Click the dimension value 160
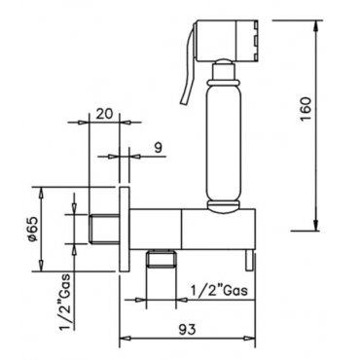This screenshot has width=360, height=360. pyautogui.click(x=306, y=109)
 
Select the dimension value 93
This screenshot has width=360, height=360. pyautogui.click(x=188, y=329)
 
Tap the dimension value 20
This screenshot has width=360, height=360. pyautogui.click(x=104, y=113)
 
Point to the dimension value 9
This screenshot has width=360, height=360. pyautogui.click(x=158, y=148)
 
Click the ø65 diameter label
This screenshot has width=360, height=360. pyautogui.click(x=34, y=229)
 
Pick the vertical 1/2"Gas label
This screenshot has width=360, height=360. pyautogui.click(x=65, y=302)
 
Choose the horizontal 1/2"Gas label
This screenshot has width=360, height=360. pyautogui.click(x=219, y=290)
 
